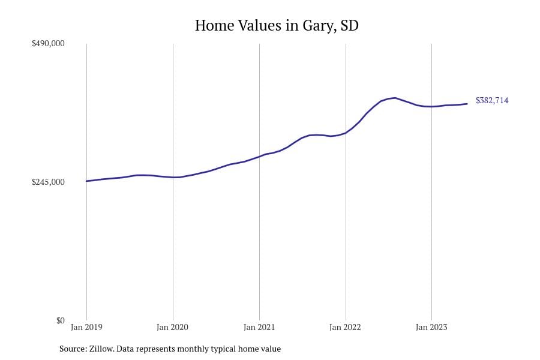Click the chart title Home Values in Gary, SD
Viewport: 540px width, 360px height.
(x=277, y=26)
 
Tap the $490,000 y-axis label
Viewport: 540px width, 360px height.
(x=48, y=44)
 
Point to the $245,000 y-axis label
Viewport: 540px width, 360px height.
(x=48, y=182)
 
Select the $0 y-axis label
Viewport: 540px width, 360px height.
(x=60, y=320)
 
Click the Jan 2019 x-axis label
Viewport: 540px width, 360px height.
(x=86, y=328)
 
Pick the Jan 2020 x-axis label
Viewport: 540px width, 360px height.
(x=173, y=328)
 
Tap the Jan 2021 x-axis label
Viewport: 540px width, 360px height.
(x=259, y=328)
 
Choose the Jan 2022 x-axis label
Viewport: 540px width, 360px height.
(x=346, y=328)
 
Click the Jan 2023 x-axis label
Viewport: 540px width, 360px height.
(x=431, y=328)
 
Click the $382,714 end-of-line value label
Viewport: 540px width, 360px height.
(x=491, y=101)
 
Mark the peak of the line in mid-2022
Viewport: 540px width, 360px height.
(x=394, y=98)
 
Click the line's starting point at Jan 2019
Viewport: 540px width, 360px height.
(x=87, y=181)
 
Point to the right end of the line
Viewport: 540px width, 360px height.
(x=467, y=104)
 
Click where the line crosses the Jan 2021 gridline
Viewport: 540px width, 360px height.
(x=259, y=157)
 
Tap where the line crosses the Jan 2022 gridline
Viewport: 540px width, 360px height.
(x=346, y=133)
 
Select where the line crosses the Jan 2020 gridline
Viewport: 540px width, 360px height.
(x=173, y=177)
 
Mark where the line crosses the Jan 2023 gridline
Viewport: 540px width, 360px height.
(x=431, y=106)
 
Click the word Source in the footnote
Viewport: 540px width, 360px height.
(x=72, y=349)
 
